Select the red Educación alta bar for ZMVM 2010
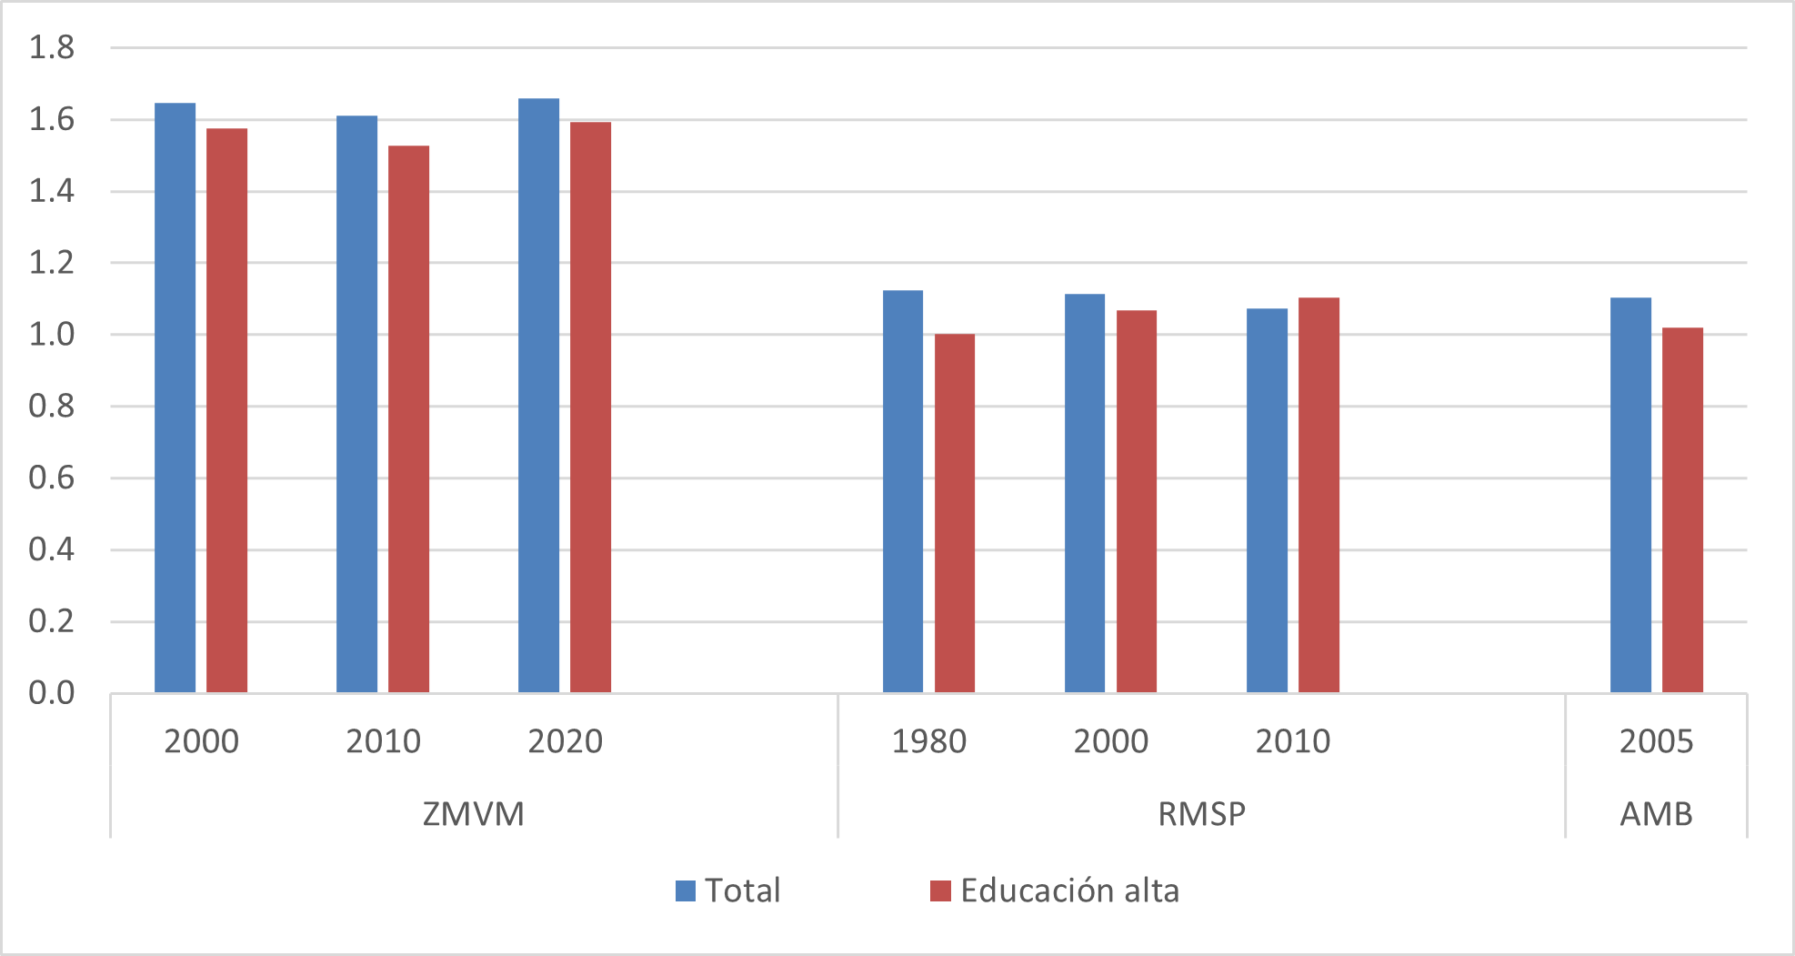coord(408,419)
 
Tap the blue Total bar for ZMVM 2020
coord(538,396)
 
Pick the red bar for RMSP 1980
coord(955,514)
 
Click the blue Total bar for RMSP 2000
coord(1085,494)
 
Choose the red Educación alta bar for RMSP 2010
coord(1319,496)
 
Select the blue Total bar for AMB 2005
coord(1630,496)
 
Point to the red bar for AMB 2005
coord(1682,510)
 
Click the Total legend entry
coord(728,891)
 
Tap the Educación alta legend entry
coord(1055,891)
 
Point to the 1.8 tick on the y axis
coord(51,47)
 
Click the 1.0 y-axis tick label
coord(51,335)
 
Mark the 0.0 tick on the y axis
coord(51,693)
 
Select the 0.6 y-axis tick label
coord(51,478)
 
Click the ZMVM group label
coord(474,814)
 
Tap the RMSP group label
coord(1201,814)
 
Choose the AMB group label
coord(1656,814)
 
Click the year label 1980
coord(928,742)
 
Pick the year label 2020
coord(565,742)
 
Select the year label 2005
coord(1656,742)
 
